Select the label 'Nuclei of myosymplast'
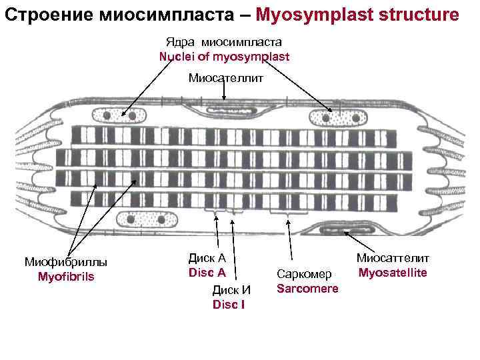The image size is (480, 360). tap(224, 56)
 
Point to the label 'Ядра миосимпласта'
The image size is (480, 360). tap(224, 42)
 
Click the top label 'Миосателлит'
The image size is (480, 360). tap(226, 79)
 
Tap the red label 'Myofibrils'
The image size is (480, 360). tap(66, 276)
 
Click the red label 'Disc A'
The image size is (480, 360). tap(207, 273)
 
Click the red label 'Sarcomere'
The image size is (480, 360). tap(307, 288)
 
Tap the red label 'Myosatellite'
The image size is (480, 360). tap(393, 273)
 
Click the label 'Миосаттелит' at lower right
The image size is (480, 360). tap(393, 258)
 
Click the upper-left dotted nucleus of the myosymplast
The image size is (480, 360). tap(127, 115)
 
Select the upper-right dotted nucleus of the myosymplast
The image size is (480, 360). tap(337, 117)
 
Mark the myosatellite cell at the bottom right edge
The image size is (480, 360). tap(347, 231)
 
